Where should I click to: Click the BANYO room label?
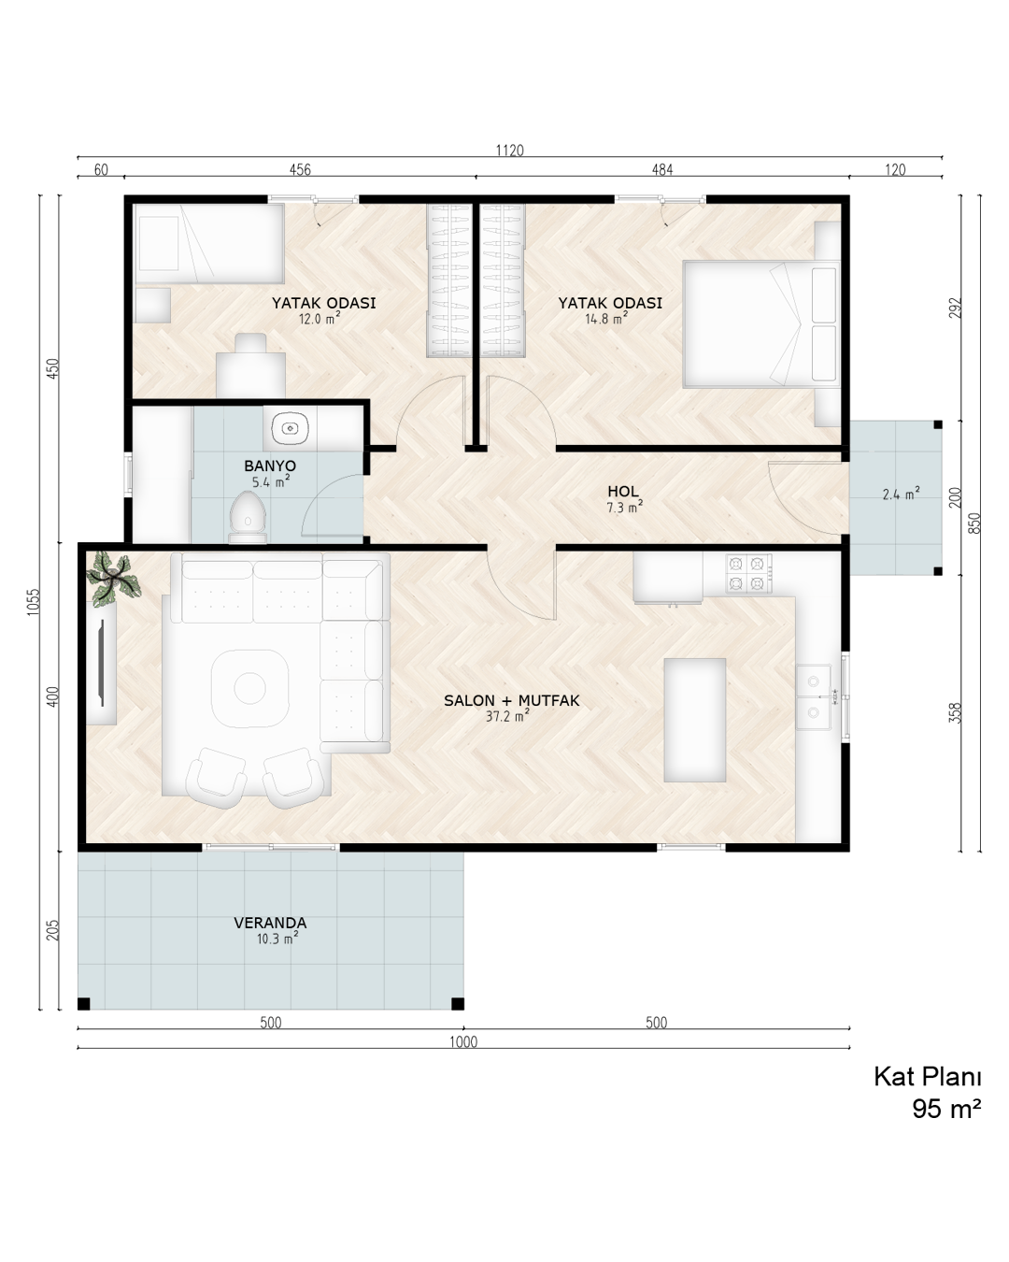pyautogui.click(x=270, y=466)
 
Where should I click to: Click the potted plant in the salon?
pyautogui.click(x=113, y=578)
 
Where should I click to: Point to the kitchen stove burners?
pyautogui.click(x=748, y=574)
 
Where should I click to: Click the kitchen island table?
pyautogui.click(x=695, y=720)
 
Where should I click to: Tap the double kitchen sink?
pyautogui.click(x=814, y=696)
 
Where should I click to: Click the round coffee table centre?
pyautogui.click(x=249, y=688)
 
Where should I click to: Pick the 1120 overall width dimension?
pyautogui.click(x=509, y=151)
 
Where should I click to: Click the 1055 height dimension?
pyautogui.click(x=34, y=602)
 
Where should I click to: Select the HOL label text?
pyautogui.click(x=622, y=492)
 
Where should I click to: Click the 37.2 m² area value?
pyautogui.click(x=507, y=715)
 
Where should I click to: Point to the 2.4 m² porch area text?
pyautogui.click(x=901, y=494)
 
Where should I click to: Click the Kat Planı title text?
pyautogui.click(x=927, y=1077)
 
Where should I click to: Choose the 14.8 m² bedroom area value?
pyautogui.click(x=606, y=319)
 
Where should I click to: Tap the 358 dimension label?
pyautogui.click(x=956, y=713)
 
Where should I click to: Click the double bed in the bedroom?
pyautogui.click(x=761, y=324)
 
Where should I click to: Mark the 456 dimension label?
pyautogui.click(x=300, y=170)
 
